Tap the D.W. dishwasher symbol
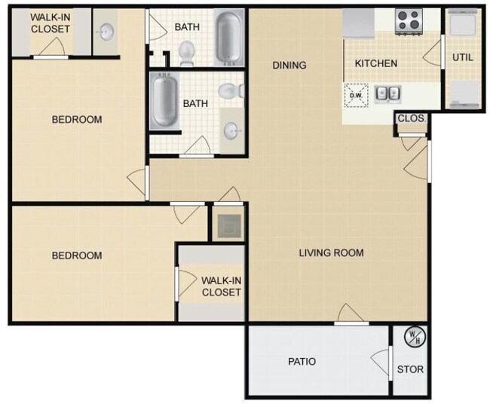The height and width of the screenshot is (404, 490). (x=356, y=95)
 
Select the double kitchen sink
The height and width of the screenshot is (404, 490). (x=388, y=94)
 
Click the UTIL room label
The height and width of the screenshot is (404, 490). (x=461, y=57)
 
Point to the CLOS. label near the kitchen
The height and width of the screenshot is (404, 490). (x=412, y=119)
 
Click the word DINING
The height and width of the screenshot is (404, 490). (x=289, y=66)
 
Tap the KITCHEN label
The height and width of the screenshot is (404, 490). (x=376, y=63)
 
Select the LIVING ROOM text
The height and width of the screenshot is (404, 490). (x=332, y=253)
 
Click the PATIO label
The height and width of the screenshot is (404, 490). (x=302, y=362)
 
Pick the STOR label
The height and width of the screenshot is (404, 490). (x=411, y=370)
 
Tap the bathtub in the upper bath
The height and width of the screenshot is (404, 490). (x=229, y=35)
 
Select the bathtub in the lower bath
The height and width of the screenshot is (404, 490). (x=164, y=102)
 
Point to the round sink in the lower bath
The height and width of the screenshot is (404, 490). (x=232, y=130)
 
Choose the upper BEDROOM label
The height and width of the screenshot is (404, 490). (x=76, y=120)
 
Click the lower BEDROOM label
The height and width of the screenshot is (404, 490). (x=76, y=256)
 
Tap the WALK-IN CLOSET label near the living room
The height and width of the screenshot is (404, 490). (x=221, y=286)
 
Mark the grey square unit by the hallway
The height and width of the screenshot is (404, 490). (x=227, y=224)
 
